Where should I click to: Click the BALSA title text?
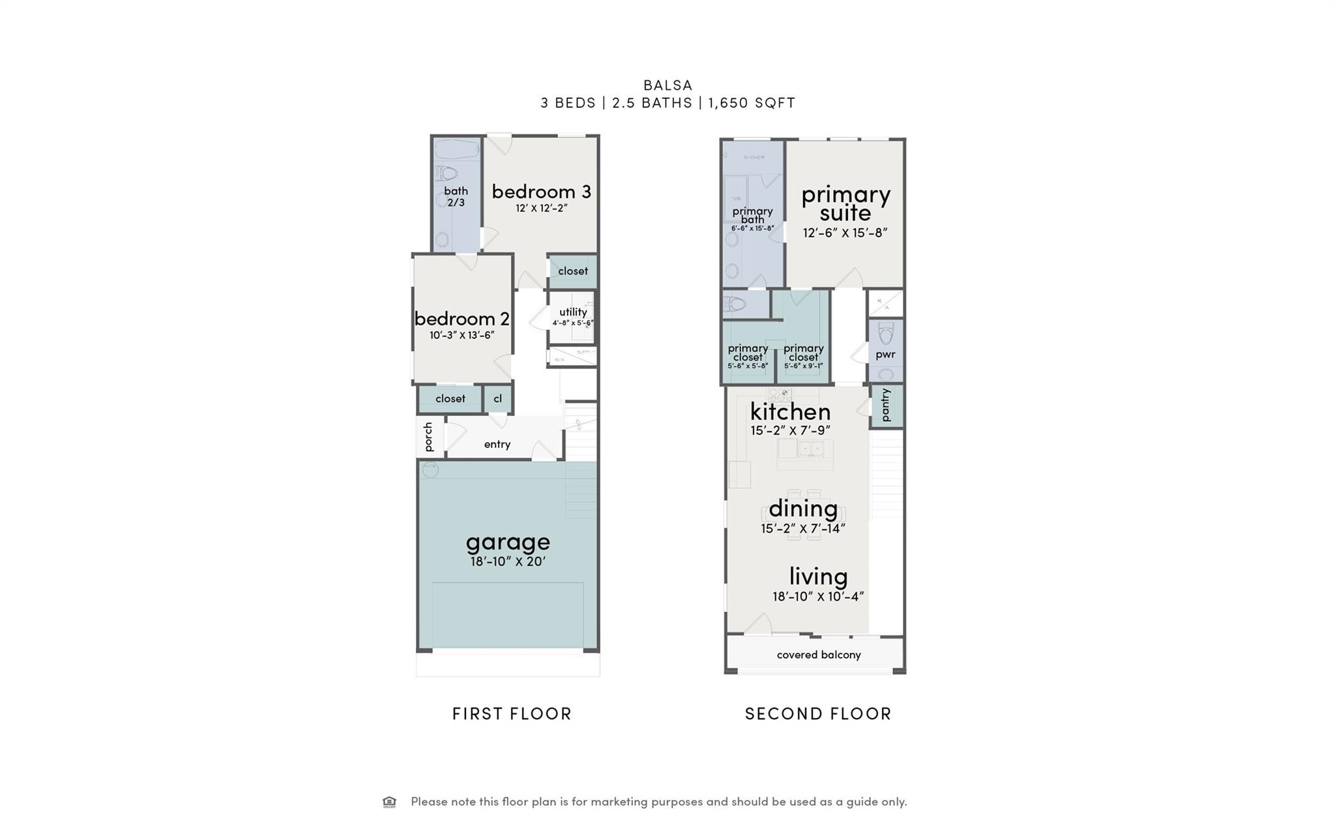pos(667,85)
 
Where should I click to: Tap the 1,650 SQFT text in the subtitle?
pos(752,103)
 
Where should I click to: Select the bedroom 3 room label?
pos(541,192)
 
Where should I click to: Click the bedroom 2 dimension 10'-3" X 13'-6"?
pos(462,335)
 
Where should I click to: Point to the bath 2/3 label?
pos(456,196)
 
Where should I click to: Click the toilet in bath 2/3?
pos(447,173)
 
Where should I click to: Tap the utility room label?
pos(573,312)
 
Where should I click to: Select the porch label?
pos(428,436)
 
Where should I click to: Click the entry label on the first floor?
pos(497,444)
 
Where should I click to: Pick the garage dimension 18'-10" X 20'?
pos(508,561)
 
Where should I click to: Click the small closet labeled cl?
pos(497,398)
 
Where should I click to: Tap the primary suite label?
pos(845,203)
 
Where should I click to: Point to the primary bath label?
pos(752,215)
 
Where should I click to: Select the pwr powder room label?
pos(885,355)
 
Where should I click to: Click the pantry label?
pos(885,405)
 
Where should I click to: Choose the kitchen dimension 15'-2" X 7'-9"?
pos(790,430)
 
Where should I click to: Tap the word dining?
pos(803,508)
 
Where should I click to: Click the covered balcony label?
pos(819,655)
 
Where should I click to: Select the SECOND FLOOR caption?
pos(818,714)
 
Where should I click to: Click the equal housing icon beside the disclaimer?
pos(389,801)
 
